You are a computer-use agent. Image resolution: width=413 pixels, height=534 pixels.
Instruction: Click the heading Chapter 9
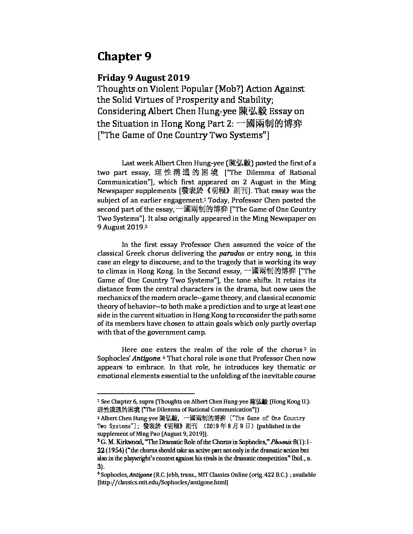124,57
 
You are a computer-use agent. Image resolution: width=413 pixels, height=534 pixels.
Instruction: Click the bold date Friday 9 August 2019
143,78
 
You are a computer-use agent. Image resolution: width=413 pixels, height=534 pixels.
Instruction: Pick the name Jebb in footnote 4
172,475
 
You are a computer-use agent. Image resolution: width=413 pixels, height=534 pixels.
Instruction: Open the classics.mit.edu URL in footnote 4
163,483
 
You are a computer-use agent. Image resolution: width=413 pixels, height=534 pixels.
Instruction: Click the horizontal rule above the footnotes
146,394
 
